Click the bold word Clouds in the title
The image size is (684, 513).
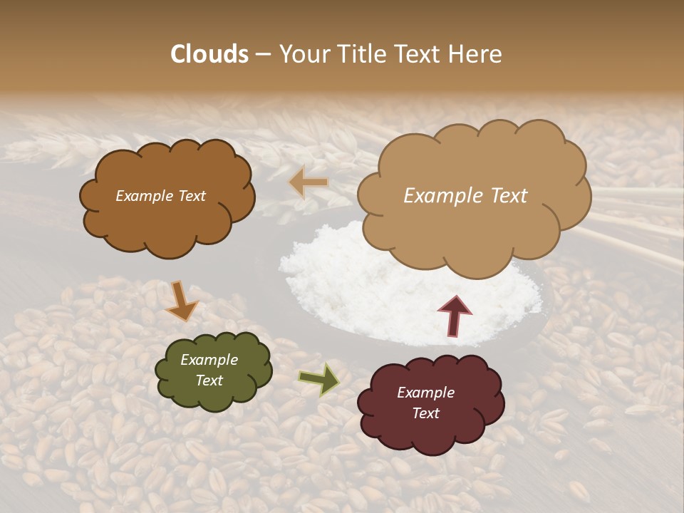coord(209,54)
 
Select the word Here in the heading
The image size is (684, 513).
coord(476,54)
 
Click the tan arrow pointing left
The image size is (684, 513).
coord(309,183)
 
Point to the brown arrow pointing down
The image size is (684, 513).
coord(181,301)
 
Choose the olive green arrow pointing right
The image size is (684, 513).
coord(318,380)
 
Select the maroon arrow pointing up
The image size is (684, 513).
coord(454,315)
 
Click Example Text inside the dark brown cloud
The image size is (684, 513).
coord(160,196)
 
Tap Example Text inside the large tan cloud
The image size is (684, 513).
coord(465,196)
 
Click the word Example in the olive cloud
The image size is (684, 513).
coord(209,360)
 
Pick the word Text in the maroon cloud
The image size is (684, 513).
coord(425,413)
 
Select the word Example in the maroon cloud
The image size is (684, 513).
coord(425,393)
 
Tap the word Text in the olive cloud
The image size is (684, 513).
coord(209,380)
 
